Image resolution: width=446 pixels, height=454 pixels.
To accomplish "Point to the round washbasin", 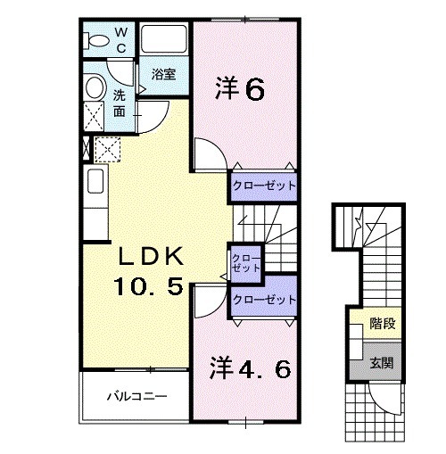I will pyautogui.click(x=95, y=87).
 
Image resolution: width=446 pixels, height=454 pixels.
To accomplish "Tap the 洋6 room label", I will pyautogui.click(x=240, y=89).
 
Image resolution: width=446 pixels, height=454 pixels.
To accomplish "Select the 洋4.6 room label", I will pyautogui.click(x=251, y=367).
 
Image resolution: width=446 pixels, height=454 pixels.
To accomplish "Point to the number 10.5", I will pyautogui.click(x=151, y=287).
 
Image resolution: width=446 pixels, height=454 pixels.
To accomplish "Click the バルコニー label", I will pyautogui.click(x=136, y=395).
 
